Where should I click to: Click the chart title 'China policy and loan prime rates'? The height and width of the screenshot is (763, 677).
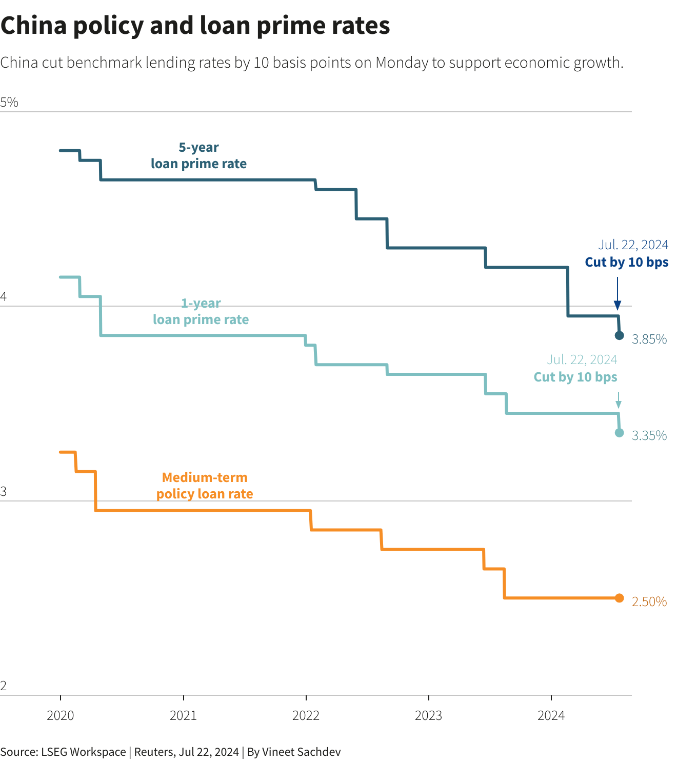(195, 26)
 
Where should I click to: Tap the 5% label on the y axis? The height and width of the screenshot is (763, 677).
(9, 103)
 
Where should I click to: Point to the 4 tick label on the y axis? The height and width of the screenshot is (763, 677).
(4, 297)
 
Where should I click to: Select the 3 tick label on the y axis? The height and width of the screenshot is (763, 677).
(4, 492)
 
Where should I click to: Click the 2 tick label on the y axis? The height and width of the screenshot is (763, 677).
(4, 686)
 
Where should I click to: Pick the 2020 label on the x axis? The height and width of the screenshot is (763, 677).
(61, 715)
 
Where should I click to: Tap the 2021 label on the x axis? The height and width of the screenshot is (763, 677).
(183, 715)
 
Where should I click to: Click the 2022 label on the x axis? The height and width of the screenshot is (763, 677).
(306, 715)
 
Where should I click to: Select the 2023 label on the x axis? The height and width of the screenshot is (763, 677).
(428, 715)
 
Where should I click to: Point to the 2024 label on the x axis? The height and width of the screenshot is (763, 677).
(551, 715)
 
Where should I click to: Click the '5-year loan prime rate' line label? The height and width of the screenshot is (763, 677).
(198, 155)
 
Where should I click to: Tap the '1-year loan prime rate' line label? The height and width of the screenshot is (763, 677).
(201, 311)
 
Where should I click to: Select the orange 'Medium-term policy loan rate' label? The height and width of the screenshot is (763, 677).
(205, 486)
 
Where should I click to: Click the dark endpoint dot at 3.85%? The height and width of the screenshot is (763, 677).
(619, 335)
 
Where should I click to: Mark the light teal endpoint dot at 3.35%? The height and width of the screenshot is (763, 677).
(619, 433)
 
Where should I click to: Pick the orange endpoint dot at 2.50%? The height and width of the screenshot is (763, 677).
(619, 598)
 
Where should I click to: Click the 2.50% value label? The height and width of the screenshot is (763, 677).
(649, 601)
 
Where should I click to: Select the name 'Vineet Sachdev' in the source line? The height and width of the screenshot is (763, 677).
(301, 752)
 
